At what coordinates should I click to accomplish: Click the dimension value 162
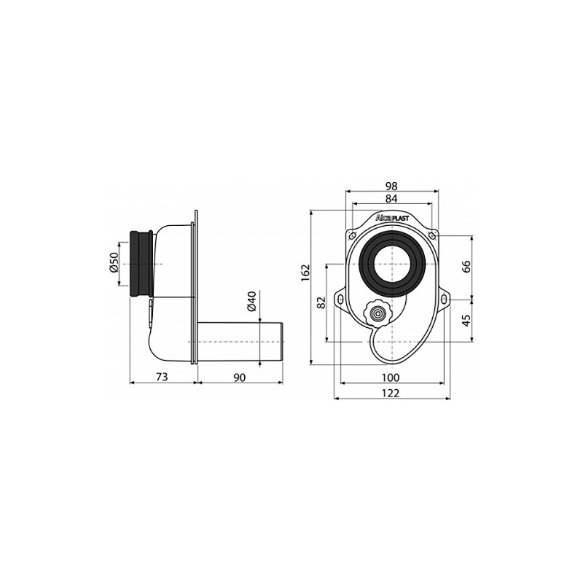pos(305,273)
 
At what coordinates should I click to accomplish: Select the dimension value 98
pos(391,186)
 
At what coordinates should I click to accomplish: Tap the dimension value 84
pos(391,199)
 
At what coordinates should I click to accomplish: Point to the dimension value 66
pos(466,267)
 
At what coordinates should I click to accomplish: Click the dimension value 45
pos(466,318)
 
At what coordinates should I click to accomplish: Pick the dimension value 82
pos(321,302)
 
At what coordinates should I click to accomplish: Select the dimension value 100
pos(391,377)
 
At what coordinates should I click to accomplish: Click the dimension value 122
pos(391,393)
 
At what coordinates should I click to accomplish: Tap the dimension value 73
pos(162,377)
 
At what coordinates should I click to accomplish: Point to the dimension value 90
pos(240,377)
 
